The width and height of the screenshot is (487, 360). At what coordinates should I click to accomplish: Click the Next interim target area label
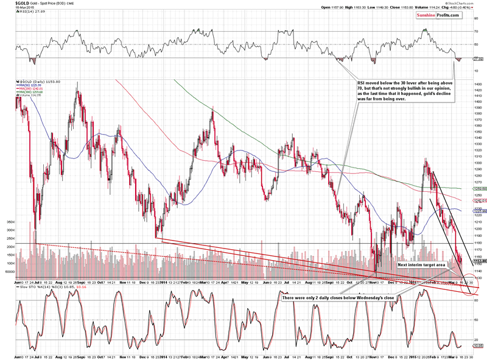421,265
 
